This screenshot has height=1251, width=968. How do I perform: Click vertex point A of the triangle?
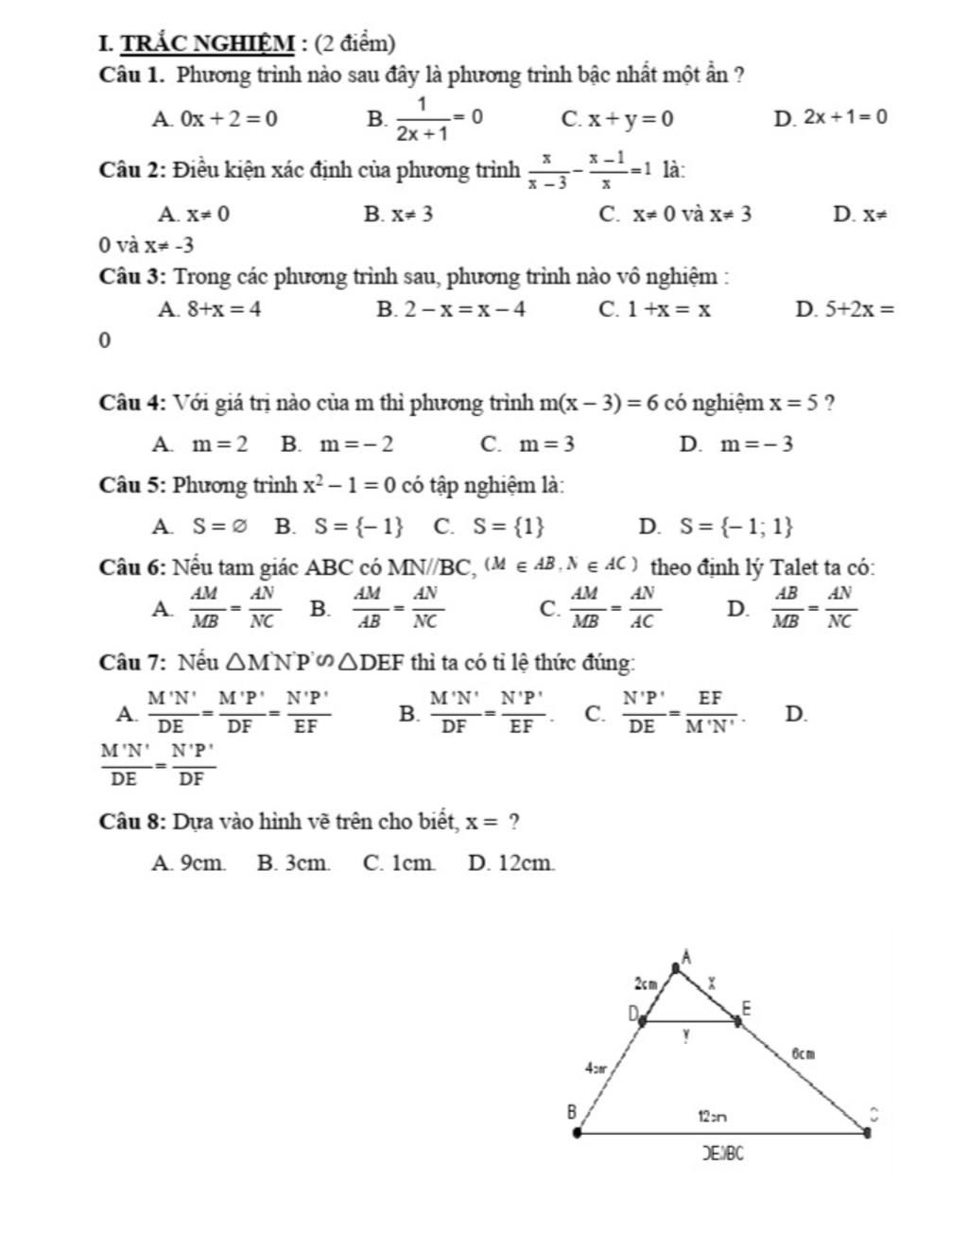[675, 967]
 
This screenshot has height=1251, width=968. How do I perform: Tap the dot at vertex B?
[579, 1131]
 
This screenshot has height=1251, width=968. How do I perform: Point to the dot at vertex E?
[737, 1020]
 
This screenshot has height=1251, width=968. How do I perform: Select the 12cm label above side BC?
[713, 1116]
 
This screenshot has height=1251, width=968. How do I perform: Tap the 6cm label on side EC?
[803, 1052]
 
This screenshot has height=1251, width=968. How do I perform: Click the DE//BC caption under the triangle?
[724, 1153]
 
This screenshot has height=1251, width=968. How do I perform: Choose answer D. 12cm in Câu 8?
[510, 862]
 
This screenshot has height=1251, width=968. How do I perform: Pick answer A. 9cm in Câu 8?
[189, 862]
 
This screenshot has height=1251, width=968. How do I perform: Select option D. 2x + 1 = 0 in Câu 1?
[831, 117]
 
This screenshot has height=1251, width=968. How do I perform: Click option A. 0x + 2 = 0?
[215, 119]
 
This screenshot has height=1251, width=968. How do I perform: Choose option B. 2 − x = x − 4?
[451, 309]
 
